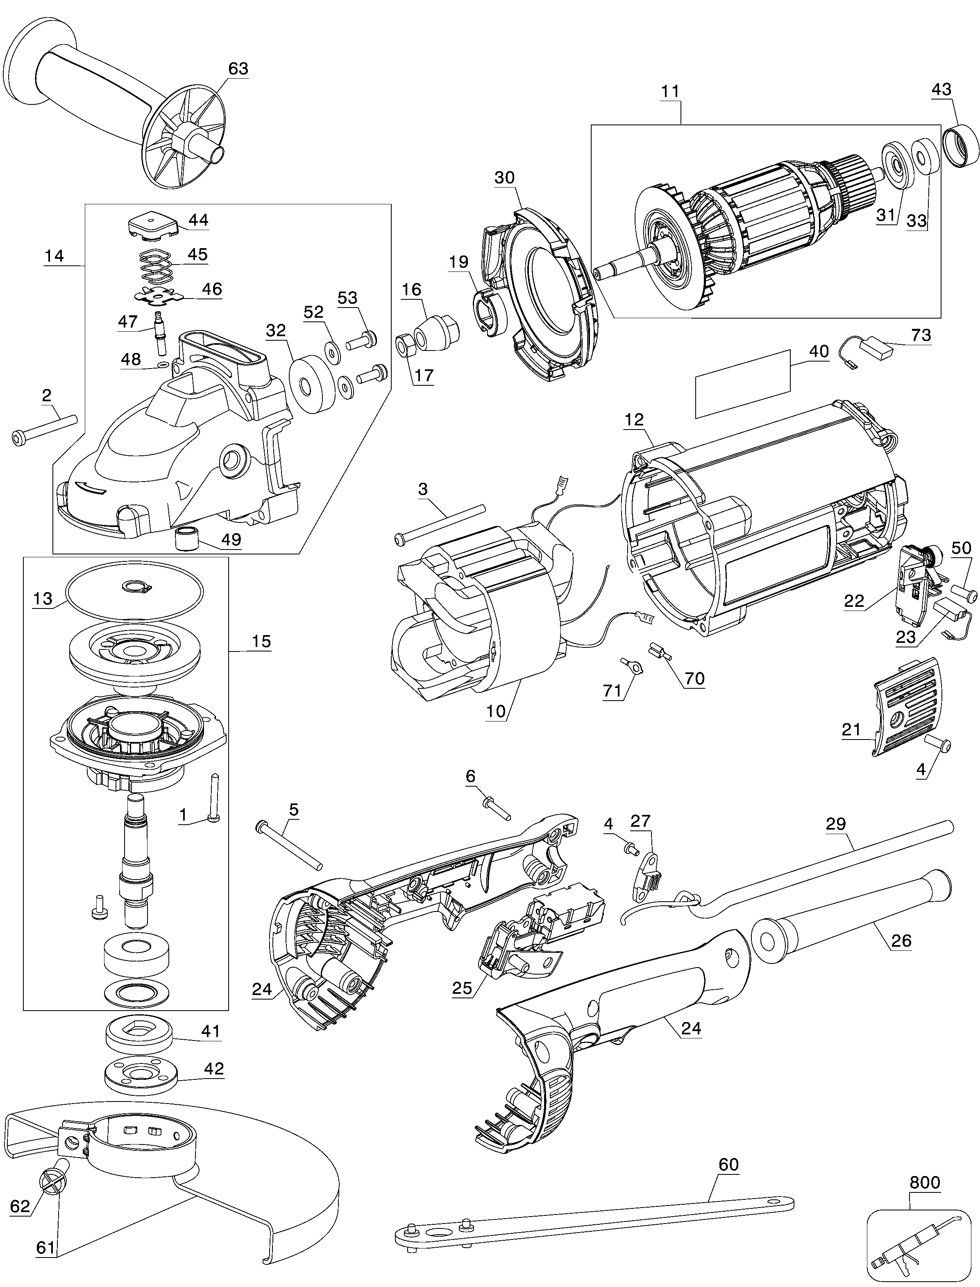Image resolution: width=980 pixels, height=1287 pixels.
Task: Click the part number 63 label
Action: [x=238, y=69]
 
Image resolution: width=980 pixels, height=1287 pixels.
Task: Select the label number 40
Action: [x=819, y=351]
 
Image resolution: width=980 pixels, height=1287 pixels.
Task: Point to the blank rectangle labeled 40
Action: [x=743, y=385]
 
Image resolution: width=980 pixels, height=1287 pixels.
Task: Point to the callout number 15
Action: [x=261, y=641]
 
